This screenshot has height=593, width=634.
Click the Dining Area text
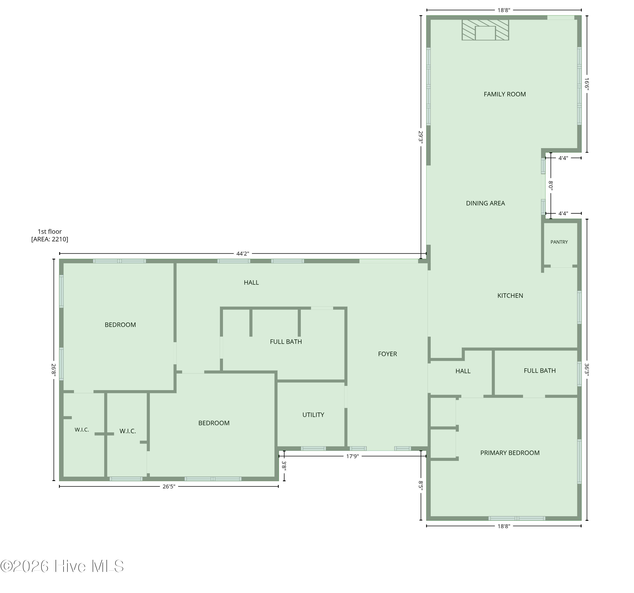485,203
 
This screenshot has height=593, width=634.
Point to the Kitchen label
510,296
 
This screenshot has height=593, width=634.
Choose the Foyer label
388,354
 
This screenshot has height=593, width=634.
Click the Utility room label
313,415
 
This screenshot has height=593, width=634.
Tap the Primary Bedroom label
510,453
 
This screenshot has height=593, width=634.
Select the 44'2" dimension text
243,254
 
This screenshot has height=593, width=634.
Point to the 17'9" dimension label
353,456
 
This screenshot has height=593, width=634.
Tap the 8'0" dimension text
551,185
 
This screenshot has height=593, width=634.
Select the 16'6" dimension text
587,84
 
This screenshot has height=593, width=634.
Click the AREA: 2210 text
50,239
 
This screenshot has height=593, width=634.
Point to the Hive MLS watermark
62,566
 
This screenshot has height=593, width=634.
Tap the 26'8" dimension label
54,370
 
